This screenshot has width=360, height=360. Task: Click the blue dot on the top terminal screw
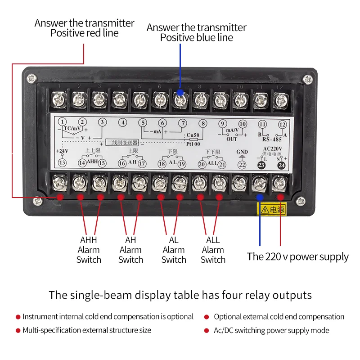180,92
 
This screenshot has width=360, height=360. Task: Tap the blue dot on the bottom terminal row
259,197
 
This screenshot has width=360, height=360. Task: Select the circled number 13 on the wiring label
63,162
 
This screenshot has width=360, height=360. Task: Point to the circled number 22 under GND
242,165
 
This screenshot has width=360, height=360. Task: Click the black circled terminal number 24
282,165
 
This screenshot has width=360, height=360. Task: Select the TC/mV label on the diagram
72,128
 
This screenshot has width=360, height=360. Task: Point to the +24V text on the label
62,151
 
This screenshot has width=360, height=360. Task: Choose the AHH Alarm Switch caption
89,250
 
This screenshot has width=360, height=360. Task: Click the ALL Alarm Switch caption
213,250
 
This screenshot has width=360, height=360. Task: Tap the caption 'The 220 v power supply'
297,257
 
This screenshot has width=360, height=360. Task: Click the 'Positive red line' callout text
84,33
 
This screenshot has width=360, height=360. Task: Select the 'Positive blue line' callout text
197,38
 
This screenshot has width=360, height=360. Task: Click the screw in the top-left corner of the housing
31,78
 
